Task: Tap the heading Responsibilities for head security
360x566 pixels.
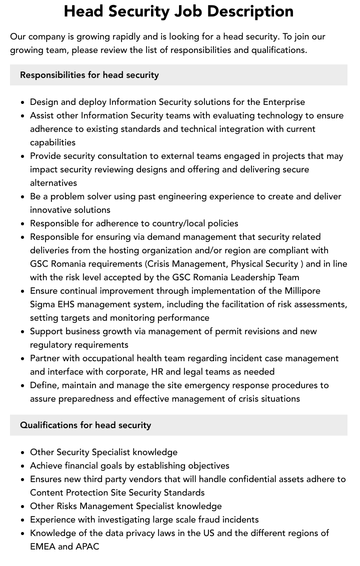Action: point(89,75)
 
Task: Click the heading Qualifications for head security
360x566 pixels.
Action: point(85,425)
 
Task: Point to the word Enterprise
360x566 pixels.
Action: point(283,102)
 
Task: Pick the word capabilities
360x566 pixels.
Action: point(53,142)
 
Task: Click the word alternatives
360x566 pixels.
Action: point(53,183)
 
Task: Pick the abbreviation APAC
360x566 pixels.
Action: point(87,547)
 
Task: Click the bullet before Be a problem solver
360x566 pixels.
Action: point(23,197)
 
